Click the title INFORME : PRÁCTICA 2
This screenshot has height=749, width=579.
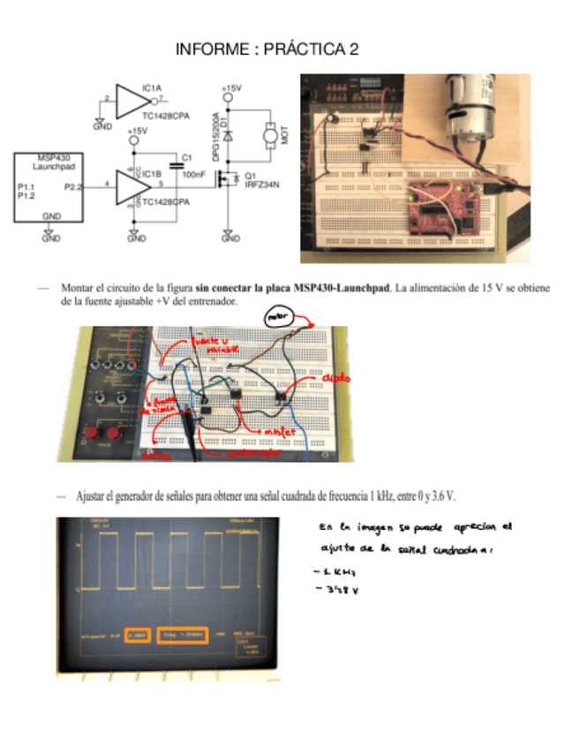(x=267, y=49)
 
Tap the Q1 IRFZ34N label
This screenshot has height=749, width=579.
(x=263, y=179)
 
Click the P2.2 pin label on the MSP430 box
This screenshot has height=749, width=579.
(x=73, y=186)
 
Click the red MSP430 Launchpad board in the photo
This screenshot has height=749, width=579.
(x=445, y=208)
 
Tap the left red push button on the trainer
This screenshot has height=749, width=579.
(x=89, y=435)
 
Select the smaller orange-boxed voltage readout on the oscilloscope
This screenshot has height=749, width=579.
(x=138, y=634)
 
